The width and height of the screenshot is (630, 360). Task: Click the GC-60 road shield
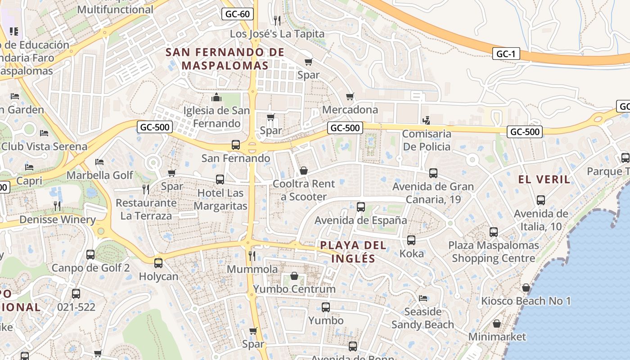click(237, 14)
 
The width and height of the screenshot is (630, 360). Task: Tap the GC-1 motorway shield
click(506, 54)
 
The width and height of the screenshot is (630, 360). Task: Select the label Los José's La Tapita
click(277, 34)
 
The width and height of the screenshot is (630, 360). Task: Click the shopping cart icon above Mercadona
click(350, 96)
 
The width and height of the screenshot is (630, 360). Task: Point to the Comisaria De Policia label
click(426, 140)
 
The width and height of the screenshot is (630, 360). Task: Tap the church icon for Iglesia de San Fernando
click(216, 97)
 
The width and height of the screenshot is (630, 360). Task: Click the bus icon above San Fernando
click(235, 145)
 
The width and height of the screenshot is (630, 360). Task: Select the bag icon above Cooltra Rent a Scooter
click(304, 171)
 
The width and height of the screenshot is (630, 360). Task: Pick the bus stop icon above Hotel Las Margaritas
click(220, 180)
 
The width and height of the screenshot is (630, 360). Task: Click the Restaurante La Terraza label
click(146, 209)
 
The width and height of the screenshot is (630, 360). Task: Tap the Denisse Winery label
click(58, 220)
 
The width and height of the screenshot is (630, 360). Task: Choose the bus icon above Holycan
click(158, 263)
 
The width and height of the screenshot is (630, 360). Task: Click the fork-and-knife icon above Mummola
click(252, 256)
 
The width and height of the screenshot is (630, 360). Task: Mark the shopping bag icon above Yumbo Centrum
click(294, 275)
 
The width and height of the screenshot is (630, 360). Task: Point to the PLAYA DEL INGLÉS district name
click(353, 252)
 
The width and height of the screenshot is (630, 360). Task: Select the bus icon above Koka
click(411, 240)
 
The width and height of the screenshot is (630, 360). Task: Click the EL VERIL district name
click(544, 180)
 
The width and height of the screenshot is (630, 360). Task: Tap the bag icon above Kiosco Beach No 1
click(526, 288)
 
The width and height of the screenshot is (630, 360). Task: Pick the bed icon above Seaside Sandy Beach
click(423, 298)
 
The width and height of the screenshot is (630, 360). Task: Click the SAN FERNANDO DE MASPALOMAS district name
click(225, 58)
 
